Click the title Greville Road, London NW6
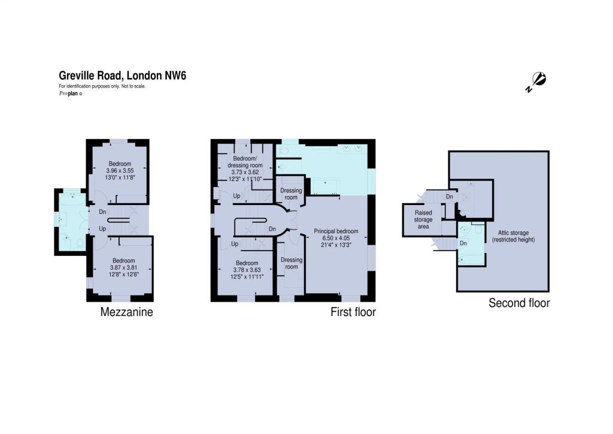pyautogui.click(x=122, y=75)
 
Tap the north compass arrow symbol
pyautogui.click(x=536, y=82)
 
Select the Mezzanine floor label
pyautogui.click(x=127, y=312)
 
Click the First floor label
pyautogui.click(x=353, y=312)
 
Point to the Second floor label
pyautogui.click(x=519, y=303)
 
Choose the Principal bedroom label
pyautogui.click(x=336, y=231)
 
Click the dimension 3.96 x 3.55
pyautogui.click(x=120, y=171)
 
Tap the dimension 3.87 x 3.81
pyautogui.click(x=124, y=268)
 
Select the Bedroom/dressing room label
pyautogui.click(x=245, y=162)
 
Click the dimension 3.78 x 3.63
pyautogui.click(x=247, y=270)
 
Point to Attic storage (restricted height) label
pyautogui.click(x=513, y=236)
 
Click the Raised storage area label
pyautogui.click(x=423, y=219)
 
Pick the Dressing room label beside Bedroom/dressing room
pyautogui.click(x=292, y=194)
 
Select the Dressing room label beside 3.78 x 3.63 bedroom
pyautogui.click(x=292, y=263)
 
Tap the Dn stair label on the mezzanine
pyautogui.click(x=102, y=212)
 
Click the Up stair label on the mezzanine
pyautogui.click(x=102, y=228)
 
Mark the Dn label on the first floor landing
pyautogui.click(x=272, y=229)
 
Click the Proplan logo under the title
pyautogui.click(x=71, y=94)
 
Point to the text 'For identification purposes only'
pyautogui.click(x=89, y=86)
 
